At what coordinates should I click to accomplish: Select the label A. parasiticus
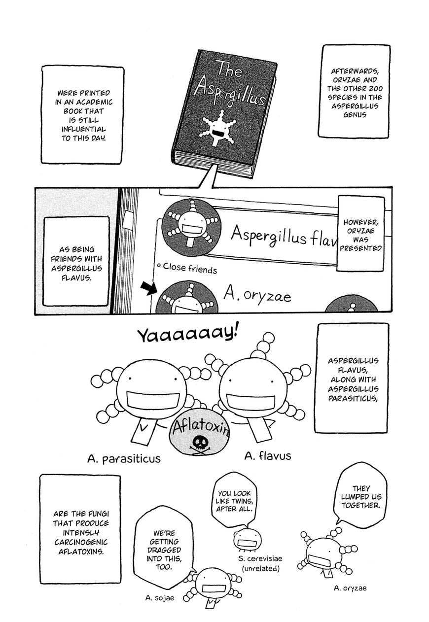pyautogui.click(x=124, y=459)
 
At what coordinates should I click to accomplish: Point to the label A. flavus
pyautogui.click(x=268, y=456)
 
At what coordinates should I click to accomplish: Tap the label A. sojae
pyautogui.click(x=159, y=598)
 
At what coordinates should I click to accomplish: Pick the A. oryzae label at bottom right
pyautogui.click(x=350, y=588)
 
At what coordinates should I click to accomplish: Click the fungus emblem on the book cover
pyautogui.click(x=217, y=128)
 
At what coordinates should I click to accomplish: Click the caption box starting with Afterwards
pyautogui.click(x=354, y=92)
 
